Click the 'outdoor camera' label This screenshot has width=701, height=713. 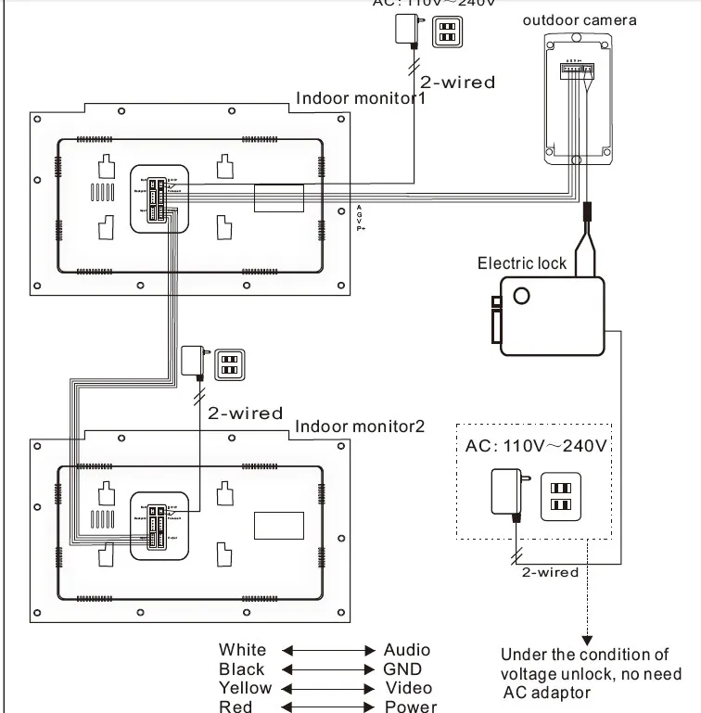[x=580, y=19]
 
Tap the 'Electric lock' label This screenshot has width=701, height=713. [x=521, y=262]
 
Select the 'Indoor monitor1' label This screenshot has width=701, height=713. [x=359, y=99]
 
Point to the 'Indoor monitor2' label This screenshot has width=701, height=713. [x=359, y=427]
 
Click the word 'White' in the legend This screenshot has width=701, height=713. [x=242, y=650]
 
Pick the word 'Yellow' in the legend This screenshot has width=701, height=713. [x=245, y=688]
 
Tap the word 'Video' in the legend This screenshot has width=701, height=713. [x=407, y=688]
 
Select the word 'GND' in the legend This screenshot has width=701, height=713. [x=401, y=669]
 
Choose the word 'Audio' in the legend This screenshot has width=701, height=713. [x=407, y=650]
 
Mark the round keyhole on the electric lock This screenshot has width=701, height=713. [x=523, y=296]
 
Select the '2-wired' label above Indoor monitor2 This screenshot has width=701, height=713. [x=245, y=413]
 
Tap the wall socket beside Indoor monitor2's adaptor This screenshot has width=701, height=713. [x=227, y=363]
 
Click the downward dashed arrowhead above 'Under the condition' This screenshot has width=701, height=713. [x=585, y=639]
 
